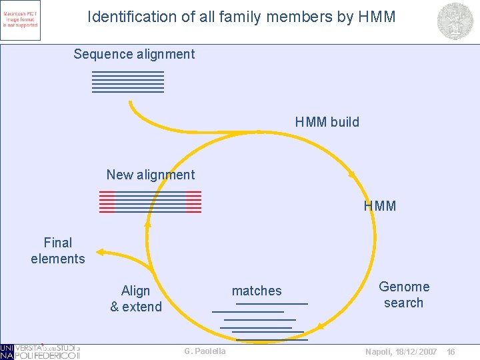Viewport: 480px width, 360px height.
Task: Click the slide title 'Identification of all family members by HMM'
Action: (241, 17)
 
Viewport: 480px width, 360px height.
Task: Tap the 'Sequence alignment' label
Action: (134, 54)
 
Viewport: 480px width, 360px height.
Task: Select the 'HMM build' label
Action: (327, 122)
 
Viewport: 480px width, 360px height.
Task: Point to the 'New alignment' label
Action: (151, 175)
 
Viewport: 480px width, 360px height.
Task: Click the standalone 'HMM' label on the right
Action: (380, 206)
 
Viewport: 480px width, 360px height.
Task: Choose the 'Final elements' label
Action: (58, 251)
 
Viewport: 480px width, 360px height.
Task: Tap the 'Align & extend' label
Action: (136, 299)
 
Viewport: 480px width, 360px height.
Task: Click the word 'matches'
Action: (257, 291)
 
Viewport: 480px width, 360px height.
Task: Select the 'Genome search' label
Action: (404, 295)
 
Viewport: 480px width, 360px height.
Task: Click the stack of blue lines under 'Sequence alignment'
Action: (128, 81)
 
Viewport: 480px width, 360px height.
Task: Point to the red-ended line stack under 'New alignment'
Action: (150, 201)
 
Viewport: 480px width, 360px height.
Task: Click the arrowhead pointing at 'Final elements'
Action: (99, 251)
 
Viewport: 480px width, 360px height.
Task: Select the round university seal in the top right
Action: (455, 21)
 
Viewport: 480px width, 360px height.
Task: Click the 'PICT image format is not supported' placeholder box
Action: (21, 20)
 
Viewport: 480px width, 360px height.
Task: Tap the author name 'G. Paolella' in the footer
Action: (205, 351)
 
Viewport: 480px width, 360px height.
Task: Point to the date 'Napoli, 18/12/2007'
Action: (401, 351)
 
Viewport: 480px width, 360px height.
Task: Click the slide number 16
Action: (451, 351)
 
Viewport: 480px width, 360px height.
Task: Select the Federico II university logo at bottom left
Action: (40, 351)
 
